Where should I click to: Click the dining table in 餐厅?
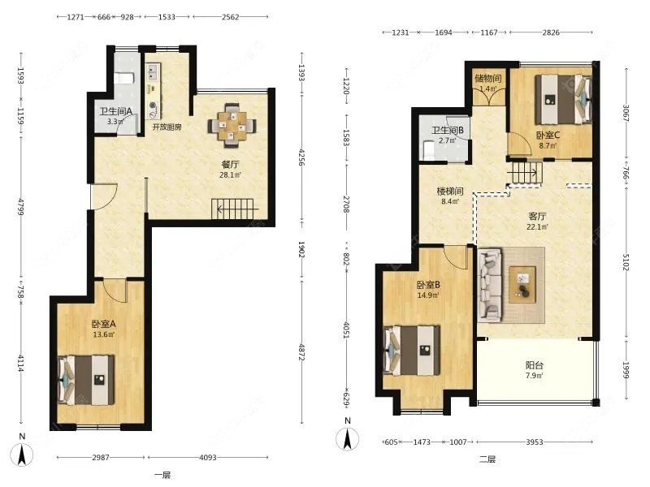232,125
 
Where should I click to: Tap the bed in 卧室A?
86,380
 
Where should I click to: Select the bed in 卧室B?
412,351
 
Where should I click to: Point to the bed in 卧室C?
563,99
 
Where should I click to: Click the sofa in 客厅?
491,285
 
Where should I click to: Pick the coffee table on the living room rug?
522,285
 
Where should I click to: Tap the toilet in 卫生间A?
124,77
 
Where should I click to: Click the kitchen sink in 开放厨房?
153,71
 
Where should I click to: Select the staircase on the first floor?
233,209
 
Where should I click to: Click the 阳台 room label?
534,365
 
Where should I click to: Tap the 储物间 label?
488,78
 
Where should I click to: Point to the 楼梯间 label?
450,192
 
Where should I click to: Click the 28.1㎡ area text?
230,175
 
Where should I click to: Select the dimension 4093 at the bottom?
208,457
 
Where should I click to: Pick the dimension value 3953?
535,442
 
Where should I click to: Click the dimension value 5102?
626,262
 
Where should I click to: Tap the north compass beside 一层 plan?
23,454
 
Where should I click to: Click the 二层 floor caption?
487,459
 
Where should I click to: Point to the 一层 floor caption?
162,475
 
